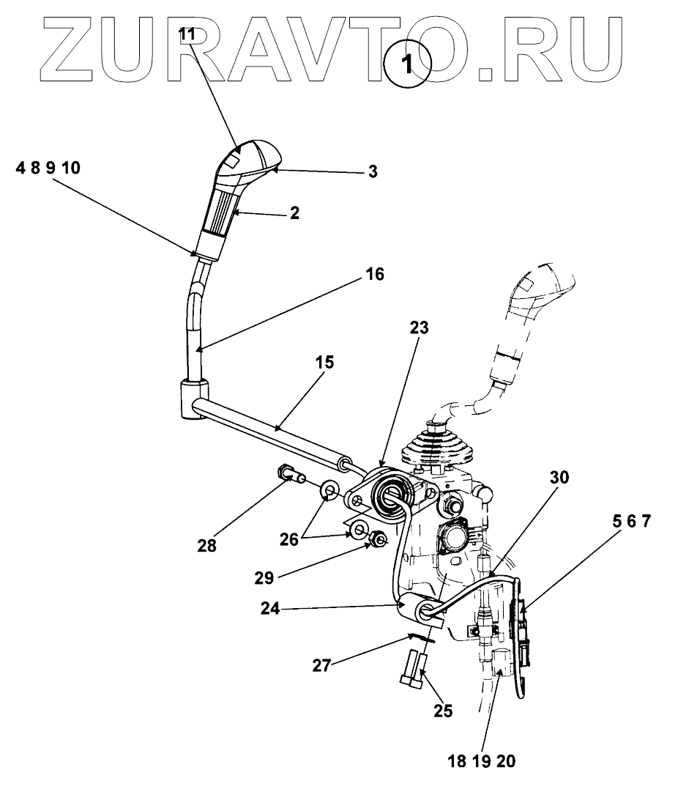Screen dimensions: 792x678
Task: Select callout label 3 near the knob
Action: point(373,172)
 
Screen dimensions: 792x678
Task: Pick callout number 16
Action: point(373,275)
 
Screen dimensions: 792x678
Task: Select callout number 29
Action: point(264,578)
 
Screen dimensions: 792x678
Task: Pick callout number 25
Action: point(442,710)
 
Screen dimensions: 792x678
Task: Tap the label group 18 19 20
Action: point(482,761)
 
